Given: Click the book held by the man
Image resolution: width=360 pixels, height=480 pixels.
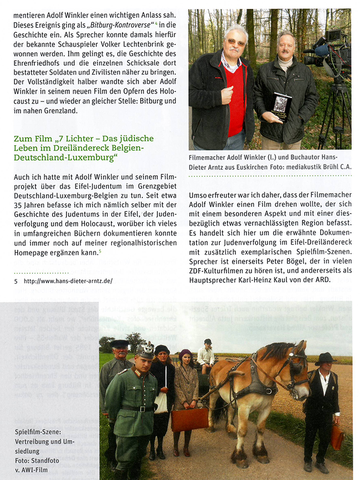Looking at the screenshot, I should (282, 106).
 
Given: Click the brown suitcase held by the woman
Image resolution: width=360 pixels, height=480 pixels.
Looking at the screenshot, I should (189, 419).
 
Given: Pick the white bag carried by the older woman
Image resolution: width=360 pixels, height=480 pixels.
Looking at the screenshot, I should (161, 401).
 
